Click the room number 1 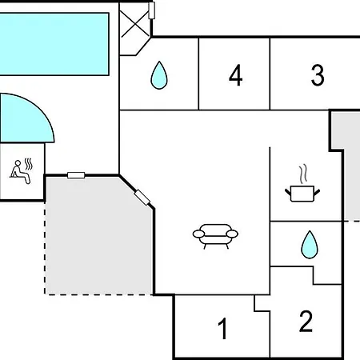point(222,328)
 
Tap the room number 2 point(306,321)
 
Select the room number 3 point(318,75)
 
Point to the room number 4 point(236,75)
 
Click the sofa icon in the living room point(215,236)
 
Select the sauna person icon point(21,172)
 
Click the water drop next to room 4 point(159,75)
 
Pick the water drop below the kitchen point(310,245)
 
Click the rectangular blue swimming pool point(54,44)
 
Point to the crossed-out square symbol point(135,25)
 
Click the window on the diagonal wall point(142,198)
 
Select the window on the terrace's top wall point(76,175)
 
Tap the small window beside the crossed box point(151,10)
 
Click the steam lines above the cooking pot point(302,174)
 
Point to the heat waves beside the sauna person point(28,164)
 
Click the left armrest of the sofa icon point(198,234)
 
